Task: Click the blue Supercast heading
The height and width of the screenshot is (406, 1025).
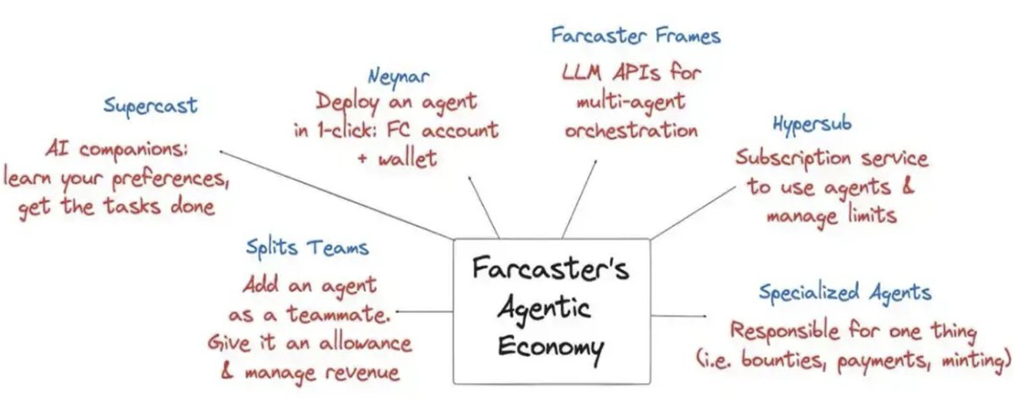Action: click(x=150, y=106)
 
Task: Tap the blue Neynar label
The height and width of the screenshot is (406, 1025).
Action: click(x=398, y=77)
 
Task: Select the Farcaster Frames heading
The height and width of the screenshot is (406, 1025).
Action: click(x=635, y=36)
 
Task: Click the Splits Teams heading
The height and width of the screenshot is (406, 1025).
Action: click(x=307, y=248)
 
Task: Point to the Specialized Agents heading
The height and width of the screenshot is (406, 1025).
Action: click(x=845, y=293)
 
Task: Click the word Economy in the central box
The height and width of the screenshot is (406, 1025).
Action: click(x=550, y=347)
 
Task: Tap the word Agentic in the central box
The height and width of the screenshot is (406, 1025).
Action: click(x=543, y=308)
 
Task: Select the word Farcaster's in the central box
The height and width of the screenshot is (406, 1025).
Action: click(x=550, y=268)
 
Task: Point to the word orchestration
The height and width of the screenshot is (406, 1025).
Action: click(x=631, y=131)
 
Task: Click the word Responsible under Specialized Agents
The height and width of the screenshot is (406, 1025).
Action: click(x=785, y=330)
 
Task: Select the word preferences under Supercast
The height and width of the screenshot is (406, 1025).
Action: click(x=170, y=179)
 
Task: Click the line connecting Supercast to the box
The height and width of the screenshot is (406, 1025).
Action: click(x=334, y=195)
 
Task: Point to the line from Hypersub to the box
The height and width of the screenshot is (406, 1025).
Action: click(x=693, y=213)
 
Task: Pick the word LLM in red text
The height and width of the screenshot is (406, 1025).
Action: click(x=581, y=72)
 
